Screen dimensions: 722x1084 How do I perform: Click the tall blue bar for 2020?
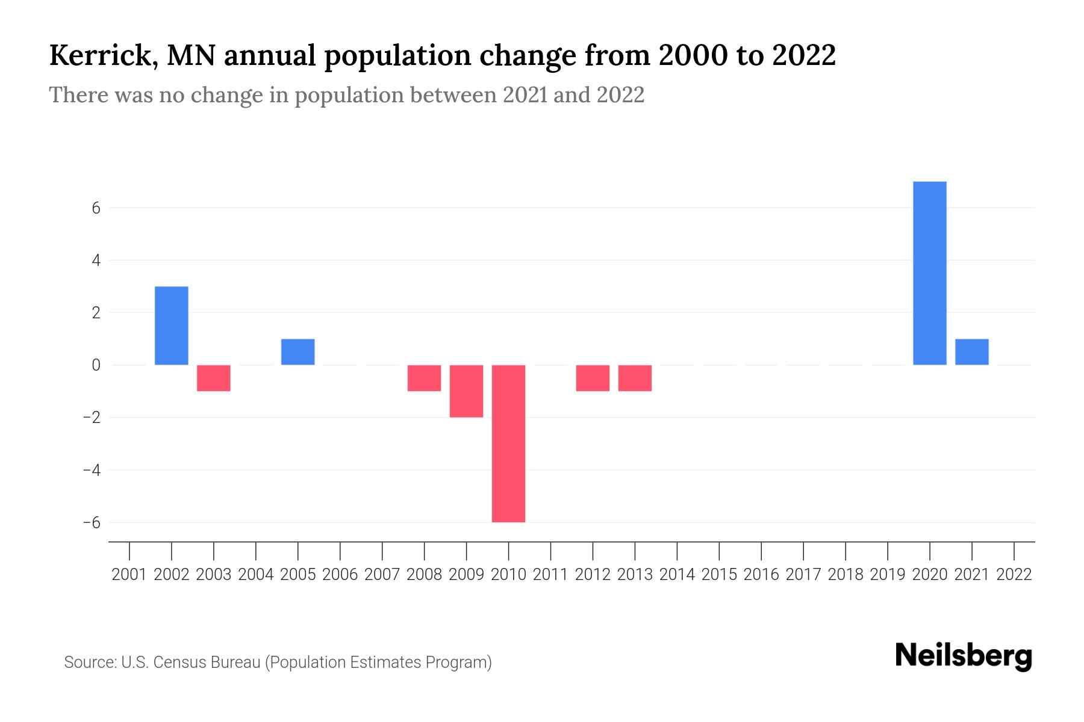(x=930, y=273)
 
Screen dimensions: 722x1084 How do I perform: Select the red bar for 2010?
(x=508, y=443)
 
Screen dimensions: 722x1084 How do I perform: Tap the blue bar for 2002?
(x=172, y=326)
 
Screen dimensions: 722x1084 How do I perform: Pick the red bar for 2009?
(x=466, y=391)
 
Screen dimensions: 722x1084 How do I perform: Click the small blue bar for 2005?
(x=298, y=352)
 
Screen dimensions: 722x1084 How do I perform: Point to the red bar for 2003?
(x=214, y=378)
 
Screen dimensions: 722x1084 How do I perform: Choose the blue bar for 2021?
(x=972, y=352)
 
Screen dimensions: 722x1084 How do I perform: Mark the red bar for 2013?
(x=635, y=378)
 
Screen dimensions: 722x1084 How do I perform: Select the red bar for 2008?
(x=424, y=378)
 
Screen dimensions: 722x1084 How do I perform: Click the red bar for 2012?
(x=593, y=378)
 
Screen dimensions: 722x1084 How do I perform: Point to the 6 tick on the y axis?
(x=96, y=208)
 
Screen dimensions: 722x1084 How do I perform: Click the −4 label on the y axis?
(x=92, y=470)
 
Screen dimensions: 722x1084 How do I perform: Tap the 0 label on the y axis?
(x=96, y=365)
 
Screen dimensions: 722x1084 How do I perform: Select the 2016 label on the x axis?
(x=761, y=575)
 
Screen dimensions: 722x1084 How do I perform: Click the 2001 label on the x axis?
(x=129, y=575)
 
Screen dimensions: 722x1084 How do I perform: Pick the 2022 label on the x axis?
(x=1014, y=575)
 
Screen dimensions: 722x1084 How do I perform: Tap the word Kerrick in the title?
(x=100, y=55)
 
